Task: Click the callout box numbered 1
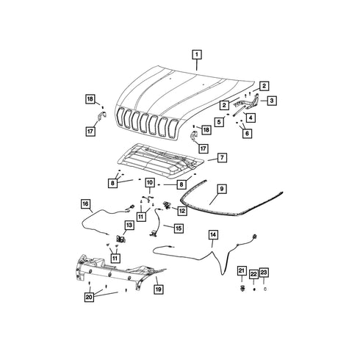[197, 54]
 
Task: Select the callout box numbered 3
[272, 101]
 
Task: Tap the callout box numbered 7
[222, 157]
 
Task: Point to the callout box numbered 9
[222, 189]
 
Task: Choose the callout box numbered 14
[213, 235]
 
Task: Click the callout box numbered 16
[85, 204]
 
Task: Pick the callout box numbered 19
[159, 289]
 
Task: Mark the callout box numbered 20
[89, 297]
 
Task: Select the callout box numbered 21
[242, 270]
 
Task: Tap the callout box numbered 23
[264, 273]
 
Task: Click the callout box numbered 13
[129, 225]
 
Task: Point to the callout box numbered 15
[179, 228]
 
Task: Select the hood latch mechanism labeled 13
[120, 239]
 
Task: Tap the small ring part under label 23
[264, 289]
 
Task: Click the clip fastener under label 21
[242, 289]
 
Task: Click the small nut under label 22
[254, 289]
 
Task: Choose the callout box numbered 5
[219, 122]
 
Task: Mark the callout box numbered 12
[182, 211]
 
